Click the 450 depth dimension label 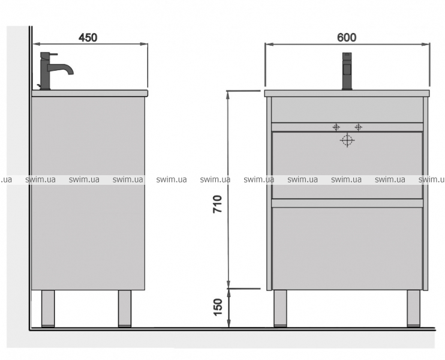pos(88,37)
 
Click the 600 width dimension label pos(347,37)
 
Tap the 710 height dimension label pos(217,204)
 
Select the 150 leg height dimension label pos(218,307)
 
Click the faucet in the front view pos(347,71)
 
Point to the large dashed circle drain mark pos(347,140)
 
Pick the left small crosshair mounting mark pos(336,127)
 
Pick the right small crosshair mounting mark pos(358,127)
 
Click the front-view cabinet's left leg pos(280,308)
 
